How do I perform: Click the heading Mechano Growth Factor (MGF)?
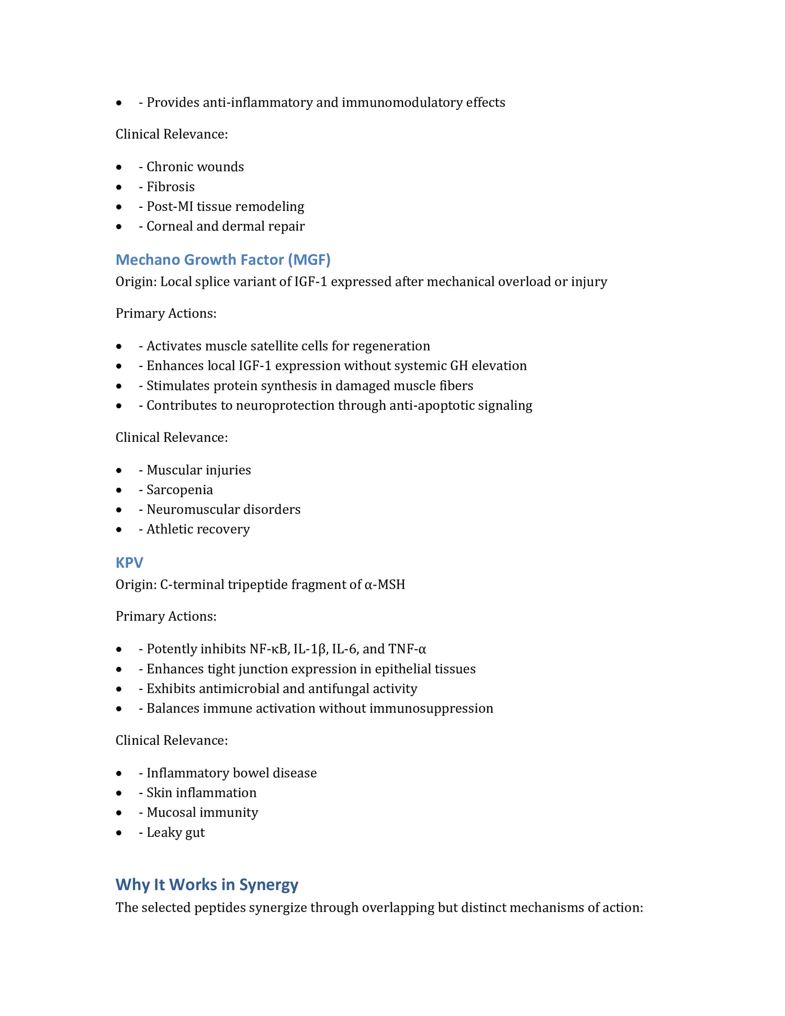(x=223, y=260)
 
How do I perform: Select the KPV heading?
(x=129, y=563)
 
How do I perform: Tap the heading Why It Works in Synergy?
(x=207, y=885)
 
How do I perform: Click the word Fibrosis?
(x=171, y=187)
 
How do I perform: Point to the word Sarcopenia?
(x=180, y=490)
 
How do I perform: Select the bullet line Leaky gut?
(x=175, y=832)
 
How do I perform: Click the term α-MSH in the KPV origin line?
(x=385, y=585)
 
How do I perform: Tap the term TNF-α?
(x=407, y=649)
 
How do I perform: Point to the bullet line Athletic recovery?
(x=198, y=529)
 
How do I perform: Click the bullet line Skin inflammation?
(x=201, y=793)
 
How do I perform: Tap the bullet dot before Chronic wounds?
(x=120, y=168)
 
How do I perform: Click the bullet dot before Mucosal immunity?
(x=120, y=813)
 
